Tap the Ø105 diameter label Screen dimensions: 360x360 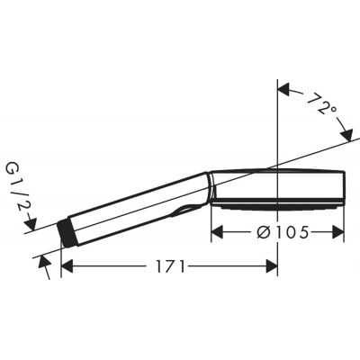point(277,232)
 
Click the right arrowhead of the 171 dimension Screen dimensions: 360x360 point(272,265)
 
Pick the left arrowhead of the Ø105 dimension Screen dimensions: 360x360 point(217,232)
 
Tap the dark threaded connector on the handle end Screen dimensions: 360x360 point(66,232)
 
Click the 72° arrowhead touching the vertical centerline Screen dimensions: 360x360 point(283,88)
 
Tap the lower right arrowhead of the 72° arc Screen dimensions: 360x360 point(347,136)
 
